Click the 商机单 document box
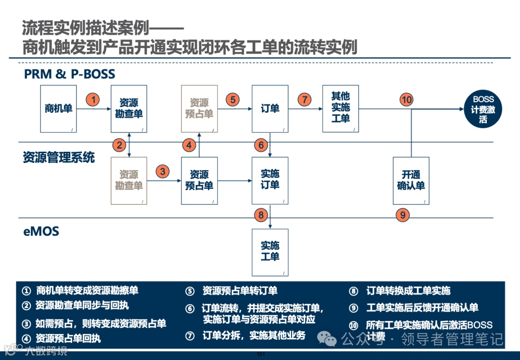click(x=58, y=109)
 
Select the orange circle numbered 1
click(x=93, y=100)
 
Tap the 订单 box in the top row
click(x=270, y=109)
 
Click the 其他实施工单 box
click(x=340, y=108)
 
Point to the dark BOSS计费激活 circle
click(x=483, y=109)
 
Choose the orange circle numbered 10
click(x=407, y=100)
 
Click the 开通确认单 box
click(x=411, y=180)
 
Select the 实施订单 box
click(x=270, y=180)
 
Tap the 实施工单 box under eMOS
click(x=270, y=252)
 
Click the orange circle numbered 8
click(x=261, y=215)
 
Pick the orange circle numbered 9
click(x=403, y=215)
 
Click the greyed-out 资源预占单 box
click(x=199, y=109)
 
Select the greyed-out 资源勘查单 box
click(x=129, y=180)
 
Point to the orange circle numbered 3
click(x=163, y=171)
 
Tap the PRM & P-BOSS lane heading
click(x=69, y=74)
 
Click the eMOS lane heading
click(x=41, y=231)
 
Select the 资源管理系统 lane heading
click(x=59, y=158)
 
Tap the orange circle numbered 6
click(x=261, y=145)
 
